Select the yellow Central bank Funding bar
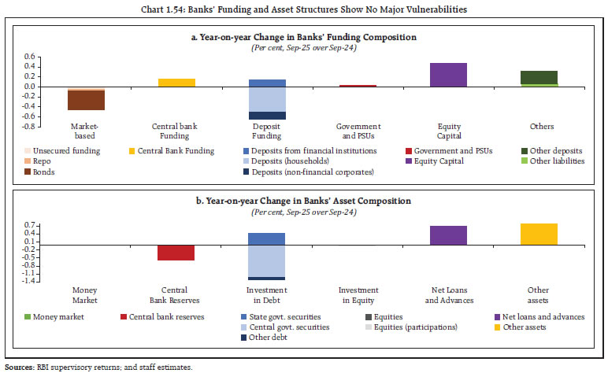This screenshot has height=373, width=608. coord(176,83)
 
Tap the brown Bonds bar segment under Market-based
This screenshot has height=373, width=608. coord(86,101)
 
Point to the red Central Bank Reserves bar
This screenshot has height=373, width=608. coord(176,253)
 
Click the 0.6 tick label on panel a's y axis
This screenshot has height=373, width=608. coord(30,57)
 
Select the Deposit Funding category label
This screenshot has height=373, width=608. coord(267,131)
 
